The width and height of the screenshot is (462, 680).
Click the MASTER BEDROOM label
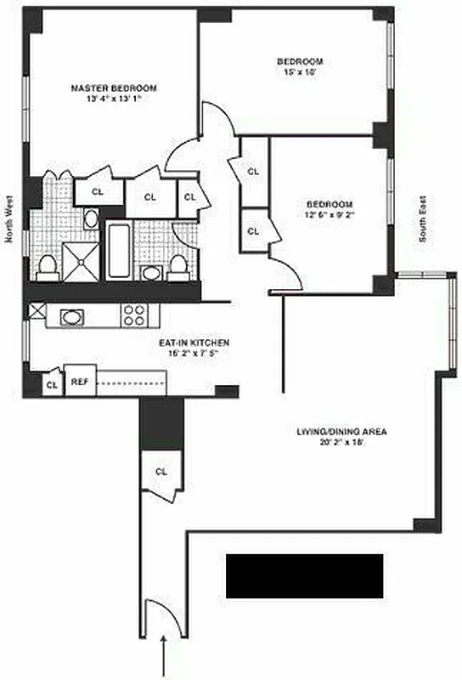click(x=115, y=88)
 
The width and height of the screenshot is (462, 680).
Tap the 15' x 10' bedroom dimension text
click(x=300, y=73)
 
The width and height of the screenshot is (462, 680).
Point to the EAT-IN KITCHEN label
click(x=194, y=343)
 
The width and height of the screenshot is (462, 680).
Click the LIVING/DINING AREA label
click(x=341, y=432)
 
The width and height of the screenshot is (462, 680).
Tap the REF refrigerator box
click(x=80, y=382)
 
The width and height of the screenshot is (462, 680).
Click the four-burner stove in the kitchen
click(x=134, y=315)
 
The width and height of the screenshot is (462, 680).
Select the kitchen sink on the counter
click(x=73, y=317)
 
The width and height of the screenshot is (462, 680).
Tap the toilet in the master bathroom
click(x=48, y=266)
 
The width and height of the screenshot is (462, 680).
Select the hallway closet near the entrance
click(x=161, y=472)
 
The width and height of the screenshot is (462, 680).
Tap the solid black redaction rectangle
click(x=303, y=575)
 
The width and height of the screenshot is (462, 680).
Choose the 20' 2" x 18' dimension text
click(x=341, y=443)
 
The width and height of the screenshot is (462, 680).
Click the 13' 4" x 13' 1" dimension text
click(x=115, y=99)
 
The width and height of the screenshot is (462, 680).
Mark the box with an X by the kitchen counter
click(x=37, y=311)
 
